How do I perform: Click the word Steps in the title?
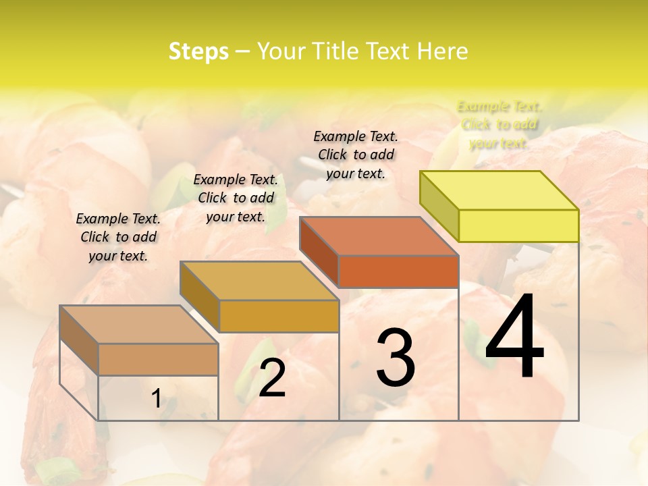(x=198, y=51)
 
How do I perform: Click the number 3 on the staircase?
(x=396, y=357)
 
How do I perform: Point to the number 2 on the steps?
(x=272, y=377)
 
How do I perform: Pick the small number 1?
(x=156, y=398)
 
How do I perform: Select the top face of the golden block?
(x=259, y=281)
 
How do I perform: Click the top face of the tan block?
(x=139, y=325)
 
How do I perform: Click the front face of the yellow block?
(x=518, y=225)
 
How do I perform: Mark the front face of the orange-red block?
(x=398, y=271)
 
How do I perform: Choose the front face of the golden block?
(x=279, y=316)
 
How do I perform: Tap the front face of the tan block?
(x=158, y=359)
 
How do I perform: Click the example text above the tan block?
(x=118, y=237)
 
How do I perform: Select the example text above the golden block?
(x=236, y=198)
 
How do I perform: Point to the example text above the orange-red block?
(x=356, y=155)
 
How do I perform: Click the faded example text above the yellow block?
(x=500, y=124)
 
